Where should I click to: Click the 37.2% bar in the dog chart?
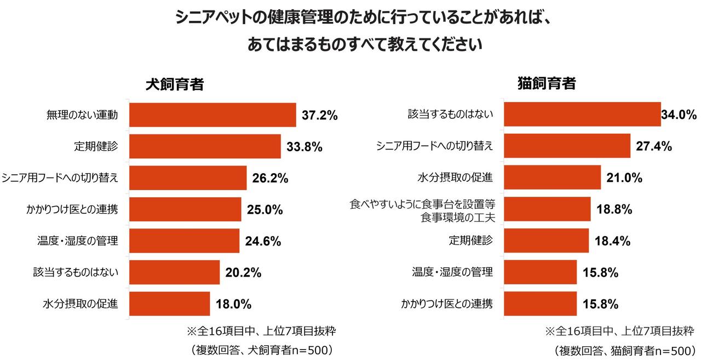tap(212, 115)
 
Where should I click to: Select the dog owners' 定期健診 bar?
tap(205, 146)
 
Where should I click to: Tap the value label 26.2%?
tap(270, 178)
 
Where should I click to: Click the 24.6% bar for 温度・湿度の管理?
tap(185, 241)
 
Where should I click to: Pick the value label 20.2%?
tap(243, 272)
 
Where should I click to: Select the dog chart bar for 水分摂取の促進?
tap(170, 304)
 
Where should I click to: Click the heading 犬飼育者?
tap(175, 85)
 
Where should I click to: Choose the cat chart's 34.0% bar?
tap(582, 115)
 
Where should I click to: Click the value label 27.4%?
tap(654, 146)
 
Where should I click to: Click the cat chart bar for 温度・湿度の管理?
tap(540, 272)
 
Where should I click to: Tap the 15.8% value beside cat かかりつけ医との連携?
tap(600, 304)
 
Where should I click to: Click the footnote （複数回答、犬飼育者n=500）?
tap(262, 350)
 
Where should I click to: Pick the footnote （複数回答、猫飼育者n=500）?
tap(624, 350)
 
